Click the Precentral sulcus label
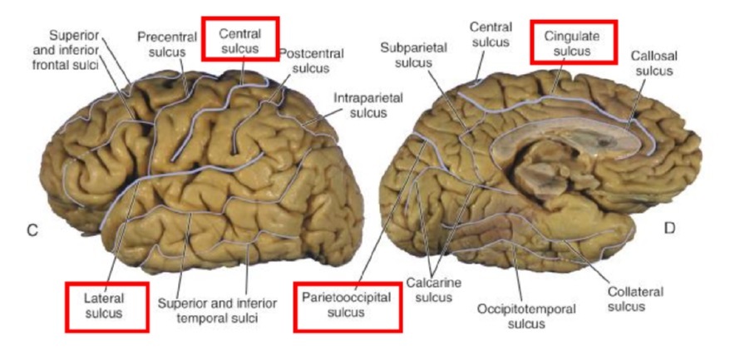[x=167, y=45]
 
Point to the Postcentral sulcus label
[x=306, y=60]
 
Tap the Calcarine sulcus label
[x=433, y=289]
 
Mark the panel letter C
[x=32, y=230]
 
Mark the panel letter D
[x=668, y=225]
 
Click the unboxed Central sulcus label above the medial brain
[x=489, y=37]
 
